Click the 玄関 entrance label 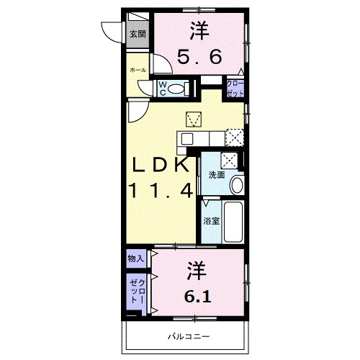point(137,34)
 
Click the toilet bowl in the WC point(180,89)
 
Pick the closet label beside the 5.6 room point(236,88)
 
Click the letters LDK point(160,166)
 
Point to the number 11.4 point(160,191)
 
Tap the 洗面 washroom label point(217,174)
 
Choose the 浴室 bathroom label point(210,221)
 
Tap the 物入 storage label point(137,258)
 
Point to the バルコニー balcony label point(189,336)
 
